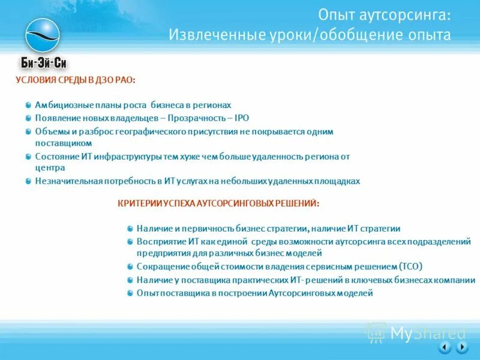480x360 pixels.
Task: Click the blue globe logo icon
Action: click(x=43, y=35)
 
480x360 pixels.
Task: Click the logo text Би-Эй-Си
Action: click(x=43, y=63)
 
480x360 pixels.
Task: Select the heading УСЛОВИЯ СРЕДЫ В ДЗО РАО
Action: click(x=75, y=80)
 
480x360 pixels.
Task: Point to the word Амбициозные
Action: click(x=63, y=104)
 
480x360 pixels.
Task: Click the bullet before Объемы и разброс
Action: click(x=29, y=131)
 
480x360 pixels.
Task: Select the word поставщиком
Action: click(x=63, y=143)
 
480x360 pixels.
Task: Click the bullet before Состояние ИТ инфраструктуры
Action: click(x=29, y=156)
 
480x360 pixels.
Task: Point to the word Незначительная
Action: click(x=67, y=181)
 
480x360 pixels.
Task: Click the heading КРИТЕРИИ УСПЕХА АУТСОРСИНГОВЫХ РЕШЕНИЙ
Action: click(x=218, y=204)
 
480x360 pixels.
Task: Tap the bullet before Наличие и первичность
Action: click(x=130, y=229)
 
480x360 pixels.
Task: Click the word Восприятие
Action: click(x=160, y=241)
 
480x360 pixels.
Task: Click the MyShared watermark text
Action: click(x=427, y=333)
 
